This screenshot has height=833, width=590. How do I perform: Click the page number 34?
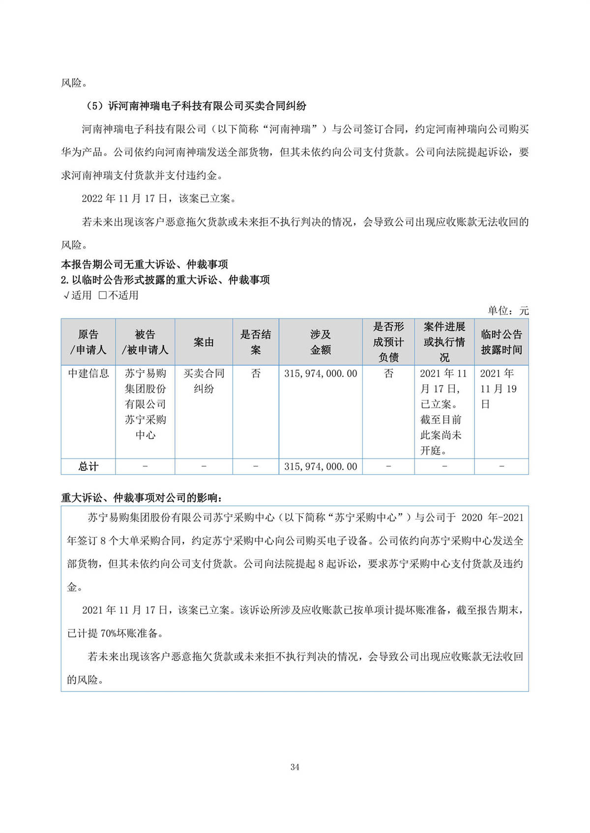[x=295, y=767]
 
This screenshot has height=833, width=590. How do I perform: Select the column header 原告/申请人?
[x=88, y=342]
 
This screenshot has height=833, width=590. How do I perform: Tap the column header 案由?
[x=204, y=342]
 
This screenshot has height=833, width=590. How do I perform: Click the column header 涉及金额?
[x=321, y=342]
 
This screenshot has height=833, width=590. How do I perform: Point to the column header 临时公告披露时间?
[x=501, y=342]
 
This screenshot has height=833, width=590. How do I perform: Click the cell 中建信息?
[x=88, y=373]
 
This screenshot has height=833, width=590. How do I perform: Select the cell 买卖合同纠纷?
[x=204, y=381]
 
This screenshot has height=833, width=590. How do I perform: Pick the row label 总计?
[x=88, y=466]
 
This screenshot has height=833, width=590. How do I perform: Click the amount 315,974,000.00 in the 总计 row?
[x=321, y=466]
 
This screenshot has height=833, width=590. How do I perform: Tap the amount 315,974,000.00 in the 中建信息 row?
[x=321, y=373]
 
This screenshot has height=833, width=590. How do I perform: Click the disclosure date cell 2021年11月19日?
[x=499, y=389]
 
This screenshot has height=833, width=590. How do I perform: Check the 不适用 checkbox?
[x=103, y=295]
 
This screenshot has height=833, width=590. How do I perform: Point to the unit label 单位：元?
[x=508, y=310]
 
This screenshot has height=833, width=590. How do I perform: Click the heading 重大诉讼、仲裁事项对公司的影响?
[x=142, y=497]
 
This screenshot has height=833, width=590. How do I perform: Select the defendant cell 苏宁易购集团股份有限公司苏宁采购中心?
[x=145, y=404]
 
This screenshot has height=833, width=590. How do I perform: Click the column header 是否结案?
[x=256, y=342]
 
